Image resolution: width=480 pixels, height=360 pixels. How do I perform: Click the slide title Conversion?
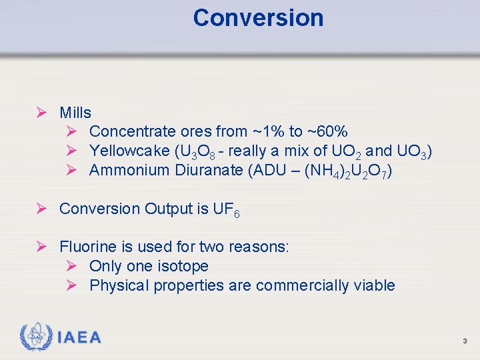258,18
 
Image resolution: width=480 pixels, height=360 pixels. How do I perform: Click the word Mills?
75,113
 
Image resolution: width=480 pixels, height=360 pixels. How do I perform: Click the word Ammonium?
129,171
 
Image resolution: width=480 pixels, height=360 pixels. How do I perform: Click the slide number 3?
465,341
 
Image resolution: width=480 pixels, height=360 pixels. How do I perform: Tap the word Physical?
119,286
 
